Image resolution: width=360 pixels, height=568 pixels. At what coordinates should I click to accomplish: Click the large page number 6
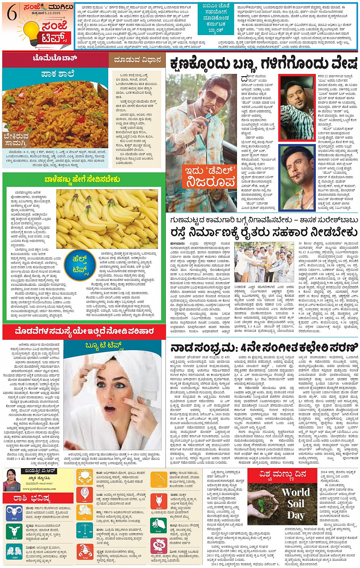pyautogui.click(x=12, y=14)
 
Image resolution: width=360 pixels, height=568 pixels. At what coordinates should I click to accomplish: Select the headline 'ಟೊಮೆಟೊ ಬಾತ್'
pyautogui.click(x=55, y=58)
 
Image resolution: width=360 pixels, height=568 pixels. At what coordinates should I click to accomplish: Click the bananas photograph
pyautogui.click(x=107, y=219)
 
